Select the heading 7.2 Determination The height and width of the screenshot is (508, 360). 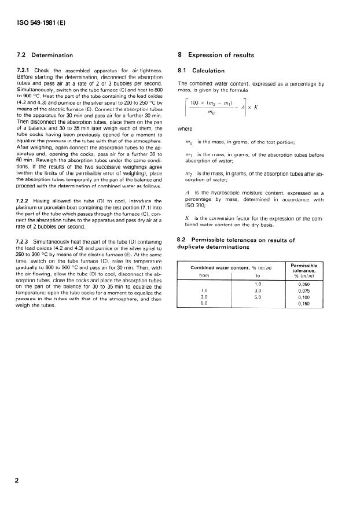[45, 55]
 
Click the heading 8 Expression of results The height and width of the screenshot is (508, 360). [216, 55]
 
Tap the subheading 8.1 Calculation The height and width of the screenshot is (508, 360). [202, 71]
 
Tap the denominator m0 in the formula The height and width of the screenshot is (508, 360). [210, 114]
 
